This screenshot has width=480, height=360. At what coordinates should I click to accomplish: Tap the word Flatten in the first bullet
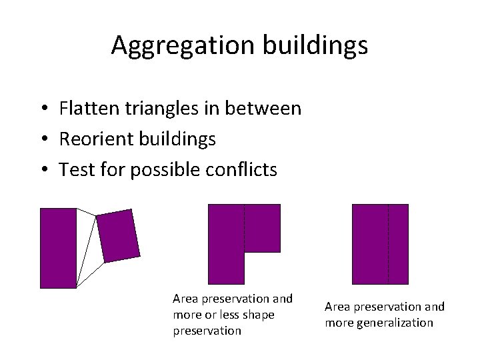pos(91,108)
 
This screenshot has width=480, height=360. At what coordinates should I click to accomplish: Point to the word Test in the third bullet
pos(73,170)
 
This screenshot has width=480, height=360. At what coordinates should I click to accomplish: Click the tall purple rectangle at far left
pos(58,248)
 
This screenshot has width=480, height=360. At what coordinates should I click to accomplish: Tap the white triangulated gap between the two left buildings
pos(89,247)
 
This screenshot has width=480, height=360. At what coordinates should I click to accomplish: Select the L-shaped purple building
pos(227,244)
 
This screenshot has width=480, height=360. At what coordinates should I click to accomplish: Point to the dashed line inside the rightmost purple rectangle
pos(388,244)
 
